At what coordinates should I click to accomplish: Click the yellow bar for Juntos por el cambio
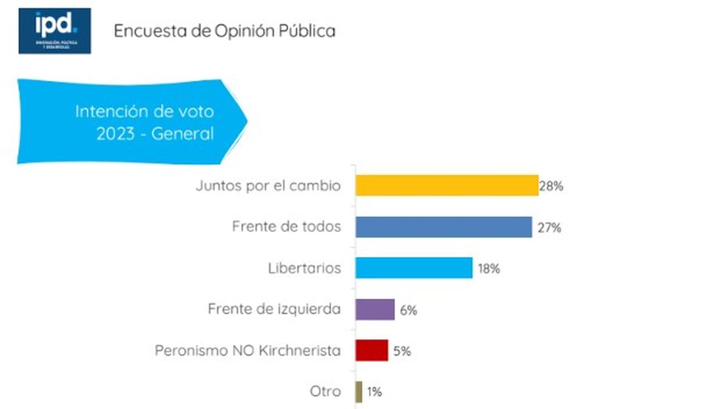(447, 185)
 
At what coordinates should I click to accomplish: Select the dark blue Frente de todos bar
(443, 227)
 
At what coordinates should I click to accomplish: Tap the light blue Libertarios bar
(414, 268)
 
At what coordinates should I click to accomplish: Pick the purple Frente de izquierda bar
(375, 310)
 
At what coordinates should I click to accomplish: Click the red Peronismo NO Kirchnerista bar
(371, 350)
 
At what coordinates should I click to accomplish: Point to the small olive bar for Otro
(359, 391)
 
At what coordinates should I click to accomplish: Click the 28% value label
(551, 187)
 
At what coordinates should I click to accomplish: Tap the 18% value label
(488, 269)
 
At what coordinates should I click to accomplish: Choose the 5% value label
(402, 351)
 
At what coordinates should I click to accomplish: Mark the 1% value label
(374, 392)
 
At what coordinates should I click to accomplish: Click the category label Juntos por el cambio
(268, 186)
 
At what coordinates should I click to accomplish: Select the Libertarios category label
(305, 268)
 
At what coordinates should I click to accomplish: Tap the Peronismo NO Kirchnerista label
(248, 351)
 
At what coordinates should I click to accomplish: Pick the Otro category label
(325, 392)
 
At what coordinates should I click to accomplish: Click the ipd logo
(55, 30)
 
